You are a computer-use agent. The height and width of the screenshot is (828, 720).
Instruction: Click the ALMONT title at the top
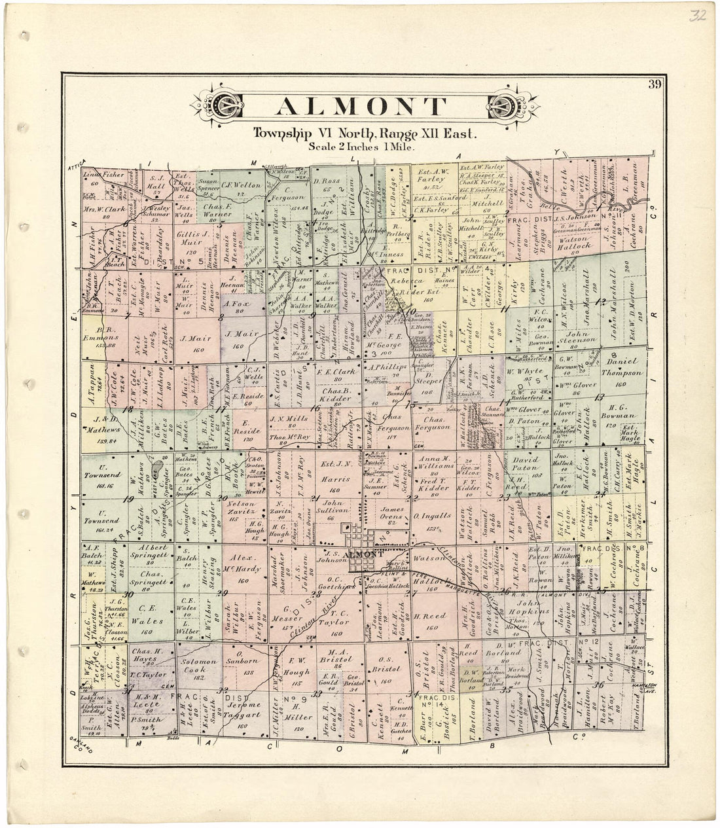point(361,106)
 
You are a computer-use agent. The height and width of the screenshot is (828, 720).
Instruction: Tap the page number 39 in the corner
point(654,84)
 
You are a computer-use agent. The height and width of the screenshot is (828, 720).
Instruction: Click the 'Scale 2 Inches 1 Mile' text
point(362,147)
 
